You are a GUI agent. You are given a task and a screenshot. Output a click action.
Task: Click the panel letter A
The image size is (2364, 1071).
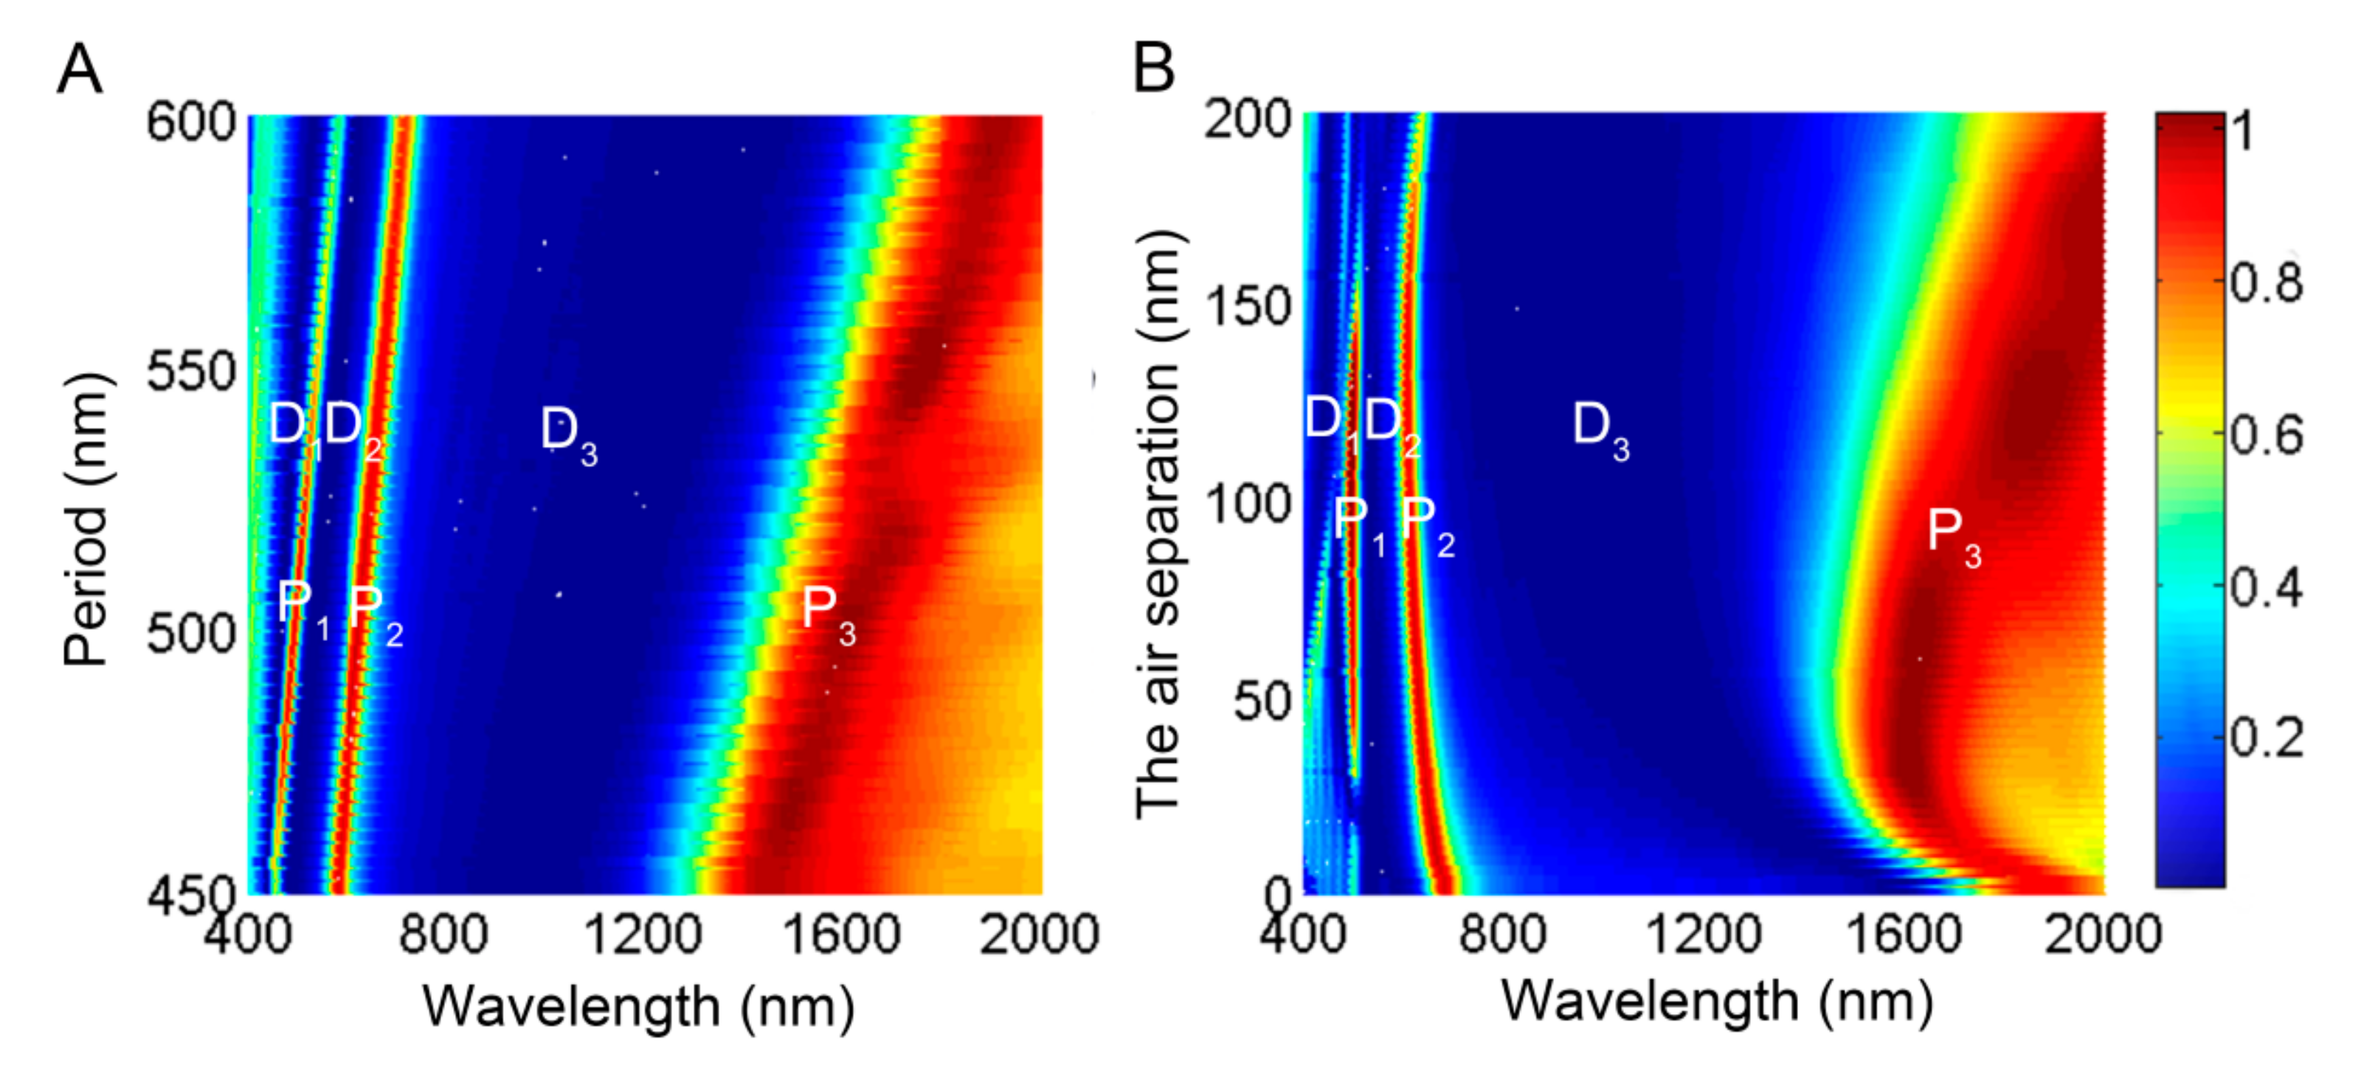pos(79,70)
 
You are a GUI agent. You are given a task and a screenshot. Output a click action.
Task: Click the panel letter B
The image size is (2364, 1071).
pos(1153,68)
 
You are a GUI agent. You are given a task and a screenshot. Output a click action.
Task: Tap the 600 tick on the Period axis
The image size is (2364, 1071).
pos(192,122)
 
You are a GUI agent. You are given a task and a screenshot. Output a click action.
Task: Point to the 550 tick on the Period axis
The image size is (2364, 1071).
pos(192,372)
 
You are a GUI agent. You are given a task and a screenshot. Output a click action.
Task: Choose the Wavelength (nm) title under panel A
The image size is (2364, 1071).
pos(637,1007)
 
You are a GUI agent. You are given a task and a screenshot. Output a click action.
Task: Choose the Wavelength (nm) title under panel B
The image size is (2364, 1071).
pos(1716,1000)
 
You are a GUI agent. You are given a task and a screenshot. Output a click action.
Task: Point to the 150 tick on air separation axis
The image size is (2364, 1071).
pos(1248,305)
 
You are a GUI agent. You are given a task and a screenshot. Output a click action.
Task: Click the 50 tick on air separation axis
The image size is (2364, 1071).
pos(1262,702)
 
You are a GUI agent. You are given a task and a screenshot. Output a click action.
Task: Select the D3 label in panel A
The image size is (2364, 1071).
pos(568,432)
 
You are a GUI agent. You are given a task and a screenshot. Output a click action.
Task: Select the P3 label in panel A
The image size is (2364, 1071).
pos(828,610)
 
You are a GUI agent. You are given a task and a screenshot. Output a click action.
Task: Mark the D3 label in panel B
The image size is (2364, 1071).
pos(1600,428)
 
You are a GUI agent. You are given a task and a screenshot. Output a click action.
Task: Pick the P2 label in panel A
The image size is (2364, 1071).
pos(374,609)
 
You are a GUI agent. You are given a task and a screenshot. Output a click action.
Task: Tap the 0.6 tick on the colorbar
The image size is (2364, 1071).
pos(2266,434)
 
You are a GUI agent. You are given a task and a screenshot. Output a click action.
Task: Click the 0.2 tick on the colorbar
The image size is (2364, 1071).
pos(2266,737)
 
